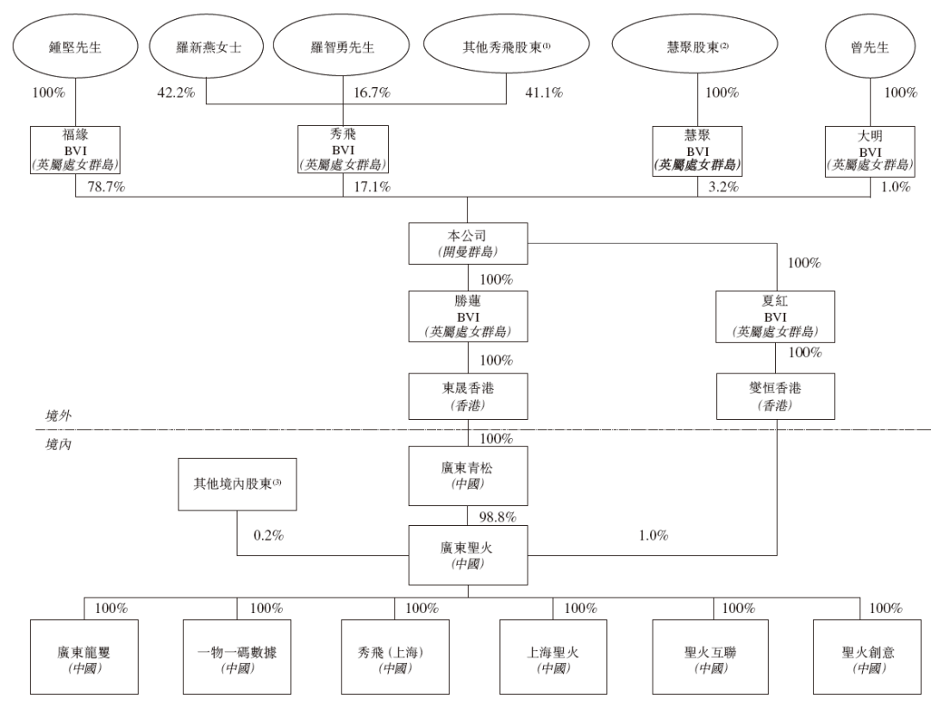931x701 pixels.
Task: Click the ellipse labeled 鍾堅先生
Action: pyautogui.click(x=75, y=47)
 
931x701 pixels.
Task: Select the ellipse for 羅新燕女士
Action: pyautogui.click(x=207, y=47)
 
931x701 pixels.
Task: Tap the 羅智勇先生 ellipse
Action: pyautogui.click(x=341, y=47)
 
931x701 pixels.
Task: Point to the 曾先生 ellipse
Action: pyautogui.click(x=870, y=47)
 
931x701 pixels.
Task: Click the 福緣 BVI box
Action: pyautogui.click(x=75, y=150)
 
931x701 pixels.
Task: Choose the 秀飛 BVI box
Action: pyautogui.click(x=343, y=149)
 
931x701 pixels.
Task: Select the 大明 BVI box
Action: pyautogui.click(x=871, y=152)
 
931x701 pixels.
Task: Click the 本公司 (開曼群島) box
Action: pyautogui.click(x=468, y=243)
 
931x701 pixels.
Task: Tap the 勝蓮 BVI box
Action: pyautogui.click(x=468, y=316)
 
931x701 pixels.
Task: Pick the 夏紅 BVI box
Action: pyautogui.click(x=775, y=316)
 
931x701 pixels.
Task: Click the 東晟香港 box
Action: pyautogui.click(x=468, y=397)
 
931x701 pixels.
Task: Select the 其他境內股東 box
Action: pyautogui.click(x=238, y=485)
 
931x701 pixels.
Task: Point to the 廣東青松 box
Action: pyautogui.click(x=468, y=476)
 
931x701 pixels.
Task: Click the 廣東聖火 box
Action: pyautogui.click(x=468, y=555)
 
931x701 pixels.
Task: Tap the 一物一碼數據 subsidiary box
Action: pyautogui.click(x=237, y=657)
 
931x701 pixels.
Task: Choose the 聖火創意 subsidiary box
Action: pyautogui.click(x=867, y=657)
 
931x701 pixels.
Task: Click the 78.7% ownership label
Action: pyautogui.click(x=106, y=187)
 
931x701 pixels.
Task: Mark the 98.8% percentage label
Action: pyautogui.click(x=497, y=516)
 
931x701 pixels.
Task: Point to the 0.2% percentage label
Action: pyautogui.click(x=268, y=535)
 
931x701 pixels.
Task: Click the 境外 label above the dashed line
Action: pyautogui.click(x=59, y=416)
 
